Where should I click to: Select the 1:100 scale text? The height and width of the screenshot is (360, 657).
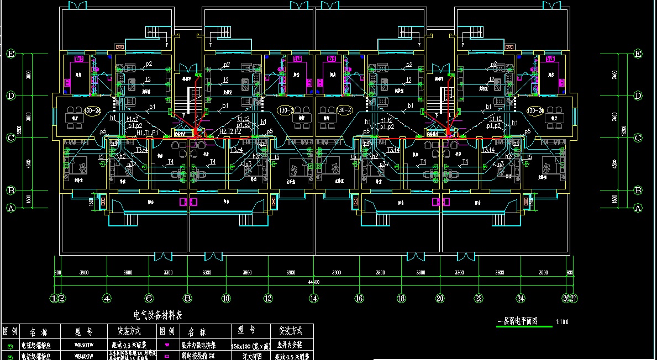tap(561, 321)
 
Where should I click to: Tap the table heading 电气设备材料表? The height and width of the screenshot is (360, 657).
tap(158, 315)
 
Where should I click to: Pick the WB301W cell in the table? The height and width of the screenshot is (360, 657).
tap(84, 346)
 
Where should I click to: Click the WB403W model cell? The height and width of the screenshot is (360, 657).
tap(84, 356)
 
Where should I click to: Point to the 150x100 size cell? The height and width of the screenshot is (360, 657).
tap(249, 346)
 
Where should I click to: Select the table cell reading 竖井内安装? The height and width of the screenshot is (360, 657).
tap(291, 346)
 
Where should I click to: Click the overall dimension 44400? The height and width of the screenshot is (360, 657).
tap(314, 282)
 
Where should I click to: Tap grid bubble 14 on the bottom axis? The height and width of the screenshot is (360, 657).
tap(314, 299)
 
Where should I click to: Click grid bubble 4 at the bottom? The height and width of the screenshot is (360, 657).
tap(107, 299)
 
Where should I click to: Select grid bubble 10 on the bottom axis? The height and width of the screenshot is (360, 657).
tap(226, 299)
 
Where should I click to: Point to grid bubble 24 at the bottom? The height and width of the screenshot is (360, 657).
tap(521, 299)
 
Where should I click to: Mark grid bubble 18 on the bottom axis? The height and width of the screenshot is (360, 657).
tap(400, 299)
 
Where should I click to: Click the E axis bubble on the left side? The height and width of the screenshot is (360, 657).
tap(11, 54)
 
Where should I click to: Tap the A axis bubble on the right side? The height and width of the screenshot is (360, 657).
tap(638, 208)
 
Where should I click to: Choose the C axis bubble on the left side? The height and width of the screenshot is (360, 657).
tap(11, 137)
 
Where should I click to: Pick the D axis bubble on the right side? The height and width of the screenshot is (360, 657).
tap(638, 96)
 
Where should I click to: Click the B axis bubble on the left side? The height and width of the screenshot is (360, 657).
tap(11, 190)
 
